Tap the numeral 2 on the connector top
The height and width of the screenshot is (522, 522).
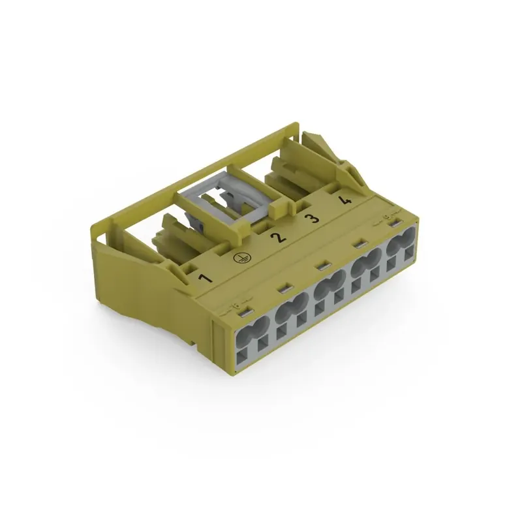(x=279, y=236)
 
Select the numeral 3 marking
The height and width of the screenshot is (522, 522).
(x=314, y=217)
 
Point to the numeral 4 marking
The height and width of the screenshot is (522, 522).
(x=346, y=200)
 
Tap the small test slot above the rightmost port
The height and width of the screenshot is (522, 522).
(x=394, y=225)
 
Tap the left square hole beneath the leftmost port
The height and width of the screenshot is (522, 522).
(x=241, y=356)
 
